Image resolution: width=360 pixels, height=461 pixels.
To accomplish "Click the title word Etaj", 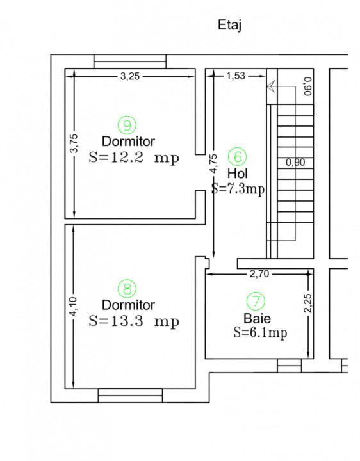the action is (230, 25).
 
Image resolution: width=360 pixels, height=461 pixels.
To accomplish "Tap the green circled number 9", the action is (127, 125).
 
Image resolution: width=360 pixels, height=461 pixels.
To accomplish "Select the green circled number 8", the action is (127, 288).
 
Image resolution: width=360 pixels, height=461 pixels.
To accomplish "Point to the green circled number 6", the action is (238, 156).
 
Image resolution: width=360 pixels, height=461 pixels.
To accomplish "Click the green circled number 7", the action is (256, 301).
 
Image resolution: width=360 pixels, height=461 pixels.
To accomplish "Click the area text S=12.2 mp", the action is (134, 158).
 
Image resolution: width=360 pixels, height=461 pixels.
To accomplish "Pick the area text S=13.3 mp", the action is (134, 321).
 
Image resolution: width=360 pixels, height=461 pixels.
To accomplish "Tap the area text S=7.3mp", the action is (238, 189).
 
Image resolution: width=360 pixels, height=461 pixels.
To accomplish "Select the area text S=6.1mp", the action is (261, 333).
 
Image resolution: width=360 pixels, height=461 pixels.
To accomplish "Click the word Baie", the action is (258, 318).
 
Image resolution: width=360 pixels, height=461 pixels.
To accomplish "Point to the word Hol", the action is (238, 174).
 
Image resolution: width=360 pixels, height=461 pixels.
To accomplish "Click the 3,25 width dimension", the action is (130, 76).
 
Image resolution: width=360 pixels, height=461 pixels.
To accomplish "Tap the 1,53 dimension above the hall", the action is (236, 76).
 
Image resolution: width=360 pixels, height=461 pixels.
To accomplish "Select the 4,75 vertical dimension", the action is (214, 163).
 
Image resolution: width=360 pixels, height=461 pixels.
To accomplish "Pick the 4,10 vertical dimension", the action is (74, 307).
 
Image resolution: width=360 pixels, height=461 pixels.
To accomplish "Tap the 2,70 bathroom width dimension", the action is (259, 274).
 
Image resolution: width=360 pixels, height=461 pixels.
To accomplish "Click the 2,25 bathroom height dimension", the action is (308, 303).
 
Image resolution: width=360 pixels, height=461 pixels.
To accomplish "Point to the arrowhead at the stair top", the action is (270, 86).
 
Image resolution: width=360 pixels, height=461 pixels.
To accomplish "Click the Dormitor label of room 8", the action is (128, 305).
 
